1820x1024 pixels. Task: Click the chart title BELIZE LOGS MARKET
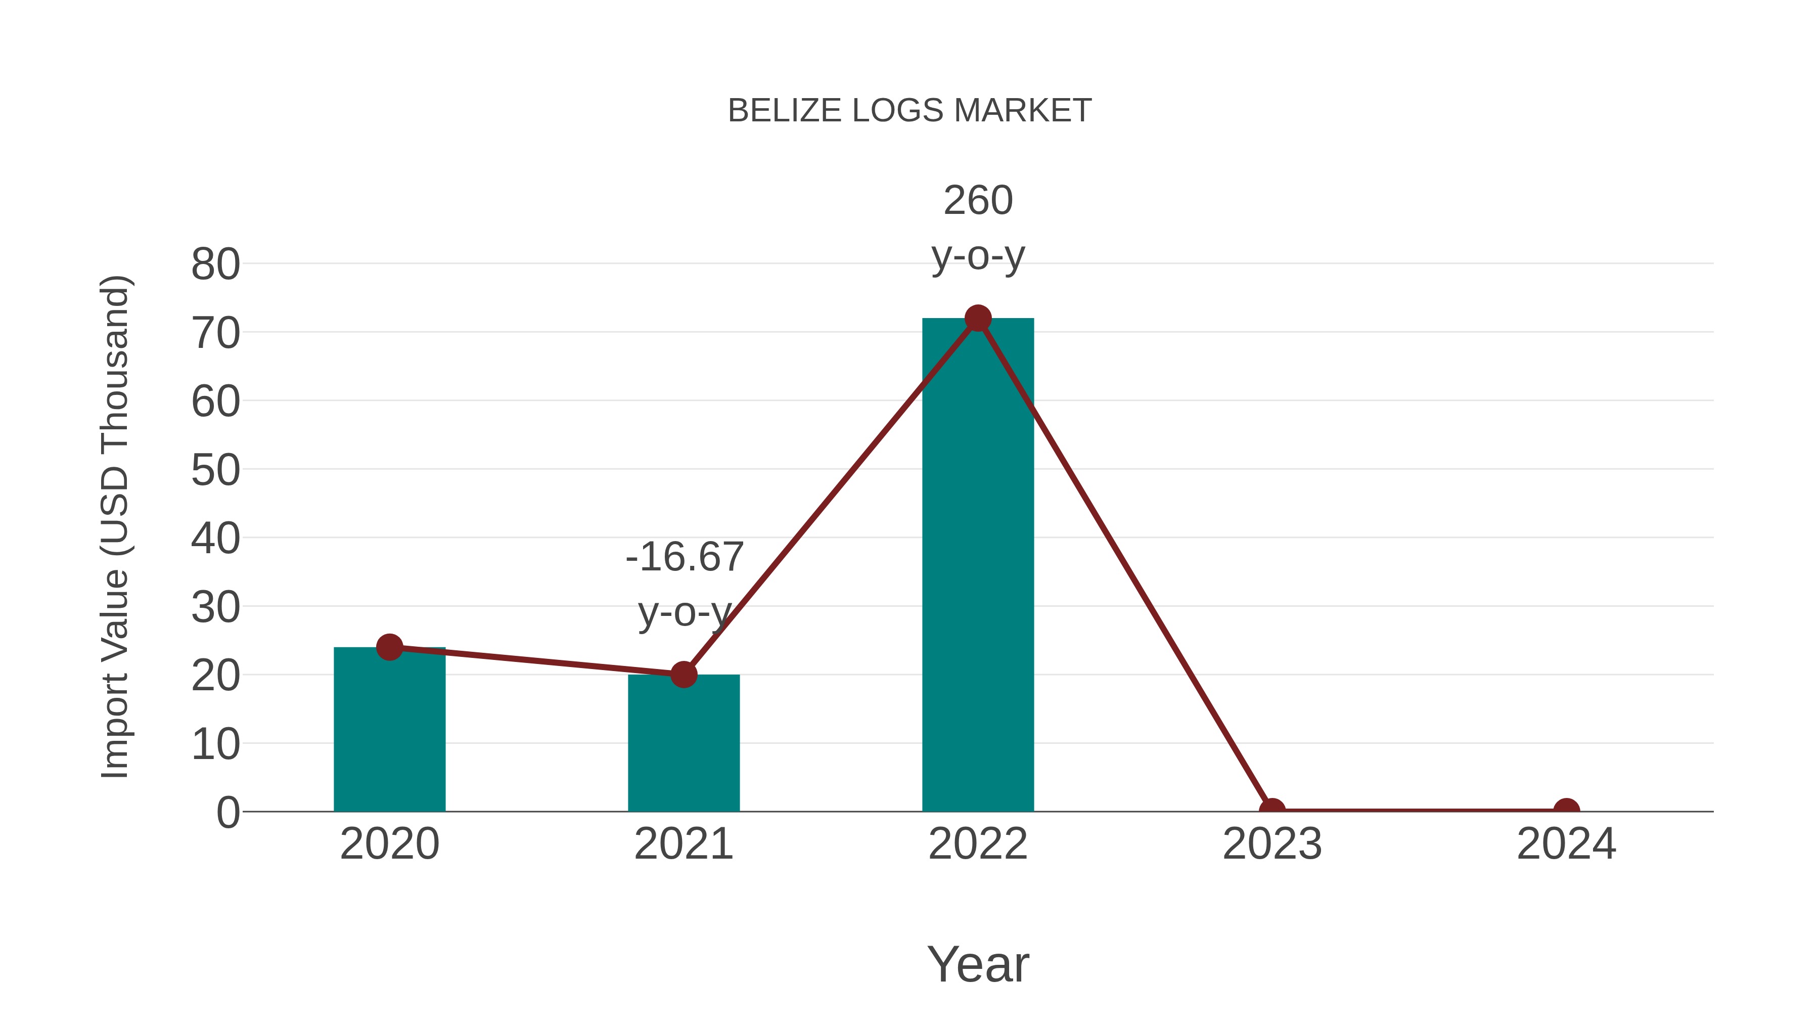(x=909, y=111)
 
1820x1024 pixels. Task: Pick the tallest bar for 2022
(x=977, y=565)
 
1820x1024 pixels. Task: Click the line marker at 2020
(x=389, y=647)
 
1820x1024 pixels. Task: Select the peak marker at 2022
(x=977, y=318)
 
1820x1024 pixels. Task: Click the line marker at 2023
(x=1272, y=809)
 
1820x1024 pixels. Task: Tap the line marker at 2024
(x=1566, y=809)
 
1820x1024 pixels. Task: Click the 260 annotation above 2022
(x=978, y=201)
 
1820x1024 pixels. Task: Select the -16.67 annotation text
(x=685, y=558)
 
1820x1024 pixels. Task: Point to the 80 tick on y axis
(x=215, y=265)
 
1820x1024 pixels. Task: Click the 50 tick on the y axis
(x=215, y=471)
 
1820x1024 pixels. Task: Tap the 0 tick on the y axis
(x=227, y=813)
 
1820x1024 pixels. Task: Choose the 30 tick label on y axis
(x=215, y=608)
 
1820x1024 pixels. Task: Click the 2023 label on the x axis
(x=1272, y=844)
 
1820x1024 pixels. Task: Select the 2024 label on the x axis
(x=1566, y=844)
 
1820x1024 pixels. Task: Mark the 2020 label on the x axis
(x=389, y=844)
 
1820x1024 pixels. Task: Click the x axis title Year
(x=978, y=965)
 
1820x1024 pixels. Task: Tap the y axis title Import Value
(x=114, y=526)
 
